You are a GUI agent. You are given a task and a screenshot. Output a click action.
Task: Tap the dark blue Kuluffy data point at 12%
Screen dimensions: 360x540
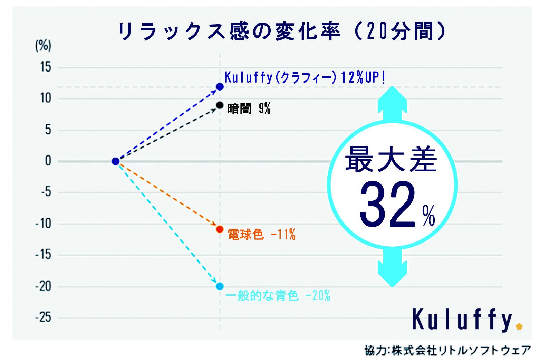point(220,86)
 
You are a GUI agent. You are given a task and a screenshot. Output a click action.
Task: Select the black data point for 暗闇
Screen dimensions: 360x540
point(220,105)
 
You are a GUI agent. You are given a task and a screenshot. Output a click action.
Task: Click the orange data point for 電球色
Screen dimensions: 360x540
point(220,229)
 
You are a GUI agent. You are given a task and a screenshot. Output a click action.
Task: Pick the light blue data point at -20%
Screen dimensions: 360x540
point(220,286)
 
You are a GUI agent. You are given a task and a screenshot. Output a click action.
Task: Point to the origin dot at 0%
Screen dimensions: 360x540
point(116,161)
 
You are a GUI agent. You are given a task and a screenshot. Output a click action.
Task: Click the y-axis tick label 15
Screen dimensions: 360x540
point(45,67)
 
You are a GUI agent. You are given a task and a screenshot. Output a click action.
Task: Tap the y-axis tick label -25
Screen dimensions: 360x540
point(43,318)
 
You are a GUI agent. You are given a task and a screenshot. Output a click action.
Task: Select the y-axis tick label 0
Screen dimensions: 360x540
point(48,161)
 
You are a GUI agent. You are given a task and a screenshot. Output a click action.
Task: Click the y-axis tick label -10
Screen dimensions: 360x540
point(43,224)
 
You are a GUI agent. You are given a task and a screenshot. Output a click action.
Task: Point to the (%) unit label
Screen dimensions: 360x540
point(43,46)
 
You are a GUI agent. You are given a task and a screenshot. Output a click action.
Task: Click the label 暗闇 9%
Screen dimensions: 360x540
point(249,109)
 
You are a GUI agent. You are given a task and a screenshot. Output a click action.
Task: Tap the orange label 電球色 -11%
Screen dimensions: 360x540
point(261,235)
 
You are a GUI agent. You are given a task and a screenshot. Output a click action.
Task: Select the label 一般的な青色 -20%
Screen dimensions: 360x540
point(278,296)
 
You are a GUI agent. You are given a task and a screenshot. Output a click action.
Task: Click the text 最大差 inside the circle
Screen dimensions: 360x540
point(391,160)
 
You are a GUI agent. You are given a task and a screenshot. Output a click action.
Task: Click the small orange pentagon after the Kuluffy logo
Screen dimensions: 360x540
point(519,326)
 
